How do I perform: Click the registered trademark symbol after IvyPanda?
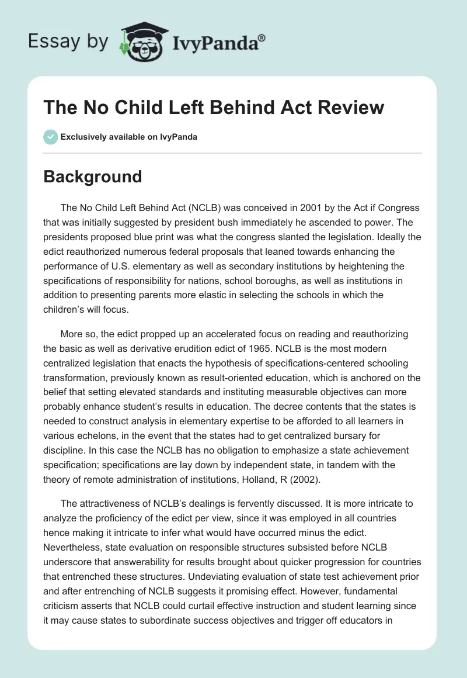click(x=262, y=38)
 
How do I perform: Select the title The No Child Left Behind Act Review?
click(x=214, y=107)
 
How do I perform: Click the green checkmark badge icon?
click(x=50, y=137)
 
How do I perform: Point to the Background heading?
click(x=93, y=177)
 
